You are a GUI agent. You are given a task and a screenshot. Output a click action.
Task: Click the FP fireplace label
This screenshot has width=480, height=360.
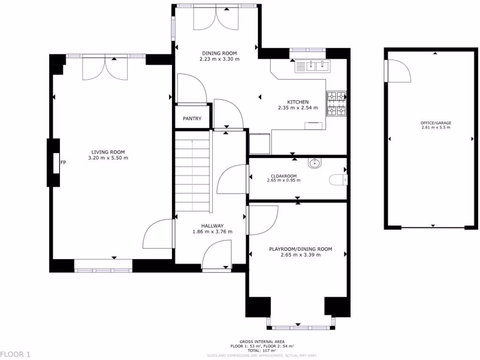coord(63,163)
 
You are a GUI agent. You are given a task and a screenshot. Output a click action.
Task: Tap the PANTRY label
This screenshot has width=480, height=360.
coord(192,119)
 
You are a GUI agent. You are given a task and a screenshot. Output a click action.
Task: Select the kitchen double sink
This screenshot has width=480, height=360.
coord(312,67)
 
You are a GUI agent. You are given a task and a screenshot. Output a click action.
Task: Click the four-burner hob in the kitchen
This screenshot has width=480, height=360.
coord(336,103)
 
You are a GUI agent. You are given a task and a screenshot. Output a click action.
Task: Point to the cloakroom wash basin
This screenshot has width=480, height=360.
coord(315,164)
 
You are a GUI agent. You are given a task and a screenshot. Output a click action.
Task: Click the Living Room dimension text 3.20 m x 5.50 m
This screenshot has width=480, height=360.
coord(108,158)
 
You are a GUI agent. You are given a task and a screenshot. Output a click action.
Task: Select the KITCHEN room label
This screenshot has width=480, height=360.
coord(298,102)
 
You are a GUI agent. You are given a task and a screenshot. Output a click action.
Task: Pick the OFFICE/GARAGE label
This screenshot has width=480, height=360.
coord(436,123)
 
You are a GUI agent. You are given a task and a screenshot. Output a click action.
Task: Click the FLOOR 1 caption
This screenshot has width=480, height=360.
coord(15,354)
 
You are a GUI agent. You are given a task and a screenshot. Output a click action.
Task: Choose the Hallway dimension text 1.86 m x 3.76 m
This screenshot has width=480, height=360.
coord(212,232)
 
